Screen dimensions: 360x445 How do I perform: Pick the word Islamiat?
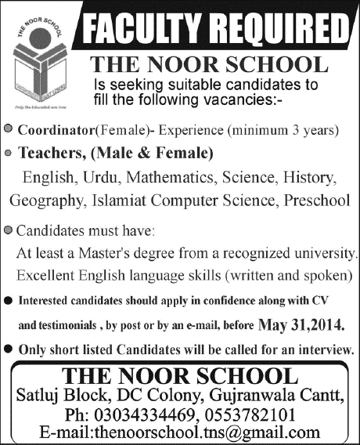click(x=113, y=201)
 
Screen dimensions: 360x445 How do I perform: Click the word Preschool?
click(x=317, y=201)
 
